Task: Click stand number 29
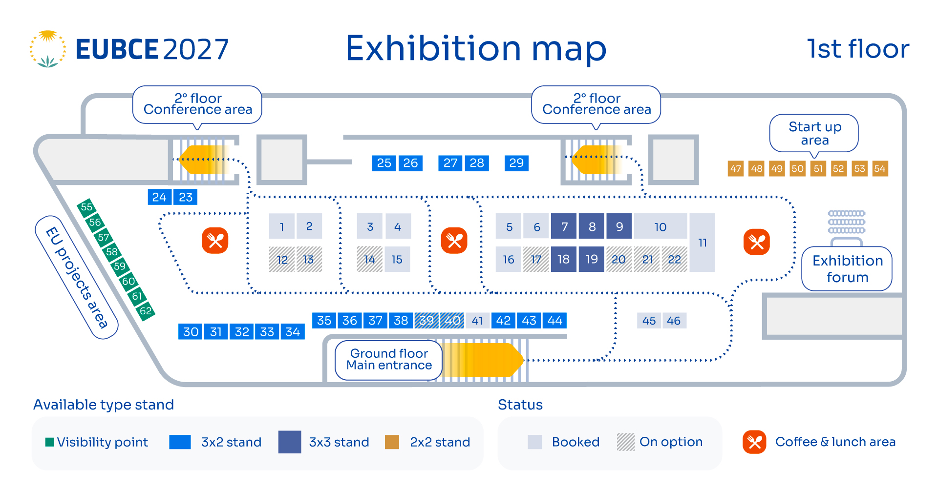(516, 163)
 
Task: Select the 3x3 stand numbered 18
(564, 259)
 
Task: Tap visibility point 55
(86, 207)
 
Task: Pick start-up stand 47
(736, 169)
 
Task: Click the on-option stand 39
(426, 321)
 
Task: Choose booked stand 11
(703, 243)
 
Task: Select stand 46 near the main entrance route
(674, 321)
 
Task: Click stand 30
(191, 332)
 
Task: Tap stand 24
(159, 197)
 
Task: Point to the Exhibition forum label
(847, 269)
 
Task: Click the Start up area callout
(814, 133)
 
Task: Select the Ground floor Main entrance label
(389, 360)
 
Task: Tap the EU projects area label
(77, 277)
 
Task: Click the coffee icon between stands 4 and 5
(454, 241)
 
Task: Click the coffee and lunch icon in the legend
(754, 442)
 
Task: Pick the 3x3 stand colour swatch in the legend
(290, 442)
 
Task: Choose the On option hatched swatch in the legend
(626, 442)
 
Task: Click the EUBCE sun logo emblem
(48, 49)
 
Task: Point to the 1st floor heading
(858, 49)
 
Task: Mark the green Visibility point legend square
(49, 442)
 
